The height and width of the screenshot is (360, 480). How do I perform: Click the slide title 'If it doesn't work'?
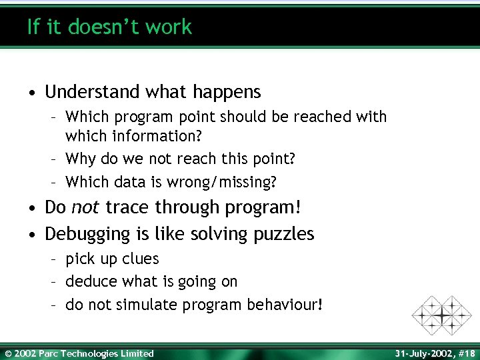coord(109,27)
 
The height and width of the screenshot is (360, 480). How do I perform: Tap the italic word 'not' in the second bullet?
coord(85,207)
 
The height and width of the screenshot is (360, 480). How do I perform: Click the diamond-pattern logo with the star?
coord(441,315)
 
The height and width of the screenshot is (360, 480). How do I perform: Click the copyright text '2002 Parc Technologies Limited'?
coord(83,353)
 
